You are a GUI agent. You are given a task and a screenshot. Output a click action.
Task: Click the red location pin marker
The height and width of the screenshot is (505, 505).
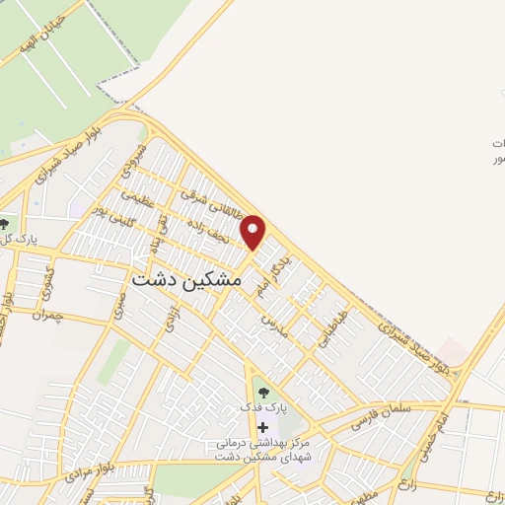coord(253,233)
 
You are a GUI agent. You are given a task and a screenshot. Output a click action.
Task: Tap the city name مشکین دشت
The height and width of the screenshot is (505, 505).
coord(186,280)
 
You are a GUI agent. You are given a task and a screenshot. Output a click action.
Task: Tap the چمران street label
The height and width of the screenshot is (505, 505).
coord(46,315)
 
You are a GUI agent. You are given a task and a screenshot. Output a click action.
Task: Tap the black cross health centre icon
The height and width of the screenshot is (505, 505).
coord(262,426)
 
